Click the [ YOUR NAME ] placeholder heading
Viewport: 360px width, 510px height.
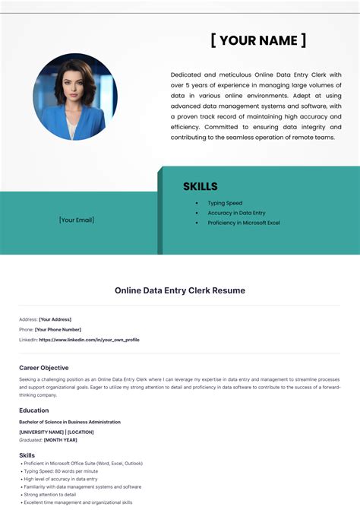pyautogui.click(x=258, y=40)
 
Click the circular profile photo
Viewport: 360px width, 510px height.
pyautogui.click(x=75, y=97)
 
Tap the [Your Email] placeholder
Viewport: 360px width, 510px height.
pyautogui.click(x=77, y=220)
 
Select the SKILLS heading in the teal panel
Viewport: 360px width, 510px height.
pyautogui.click(x=201, y=186)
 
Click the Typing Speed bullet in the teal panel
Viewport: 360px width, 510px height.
pyautogui.click(x=225, y=203)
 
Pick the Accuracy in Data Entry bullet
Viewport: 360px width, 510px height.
pyautogui.click(x=236, y=213)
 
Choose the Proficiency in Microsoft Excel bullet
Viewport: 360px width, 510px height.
pyautogui.click(x=244, y=223)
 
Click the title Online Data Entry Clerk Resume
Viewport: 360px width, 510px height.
pyautogui.click(x=180, y=290)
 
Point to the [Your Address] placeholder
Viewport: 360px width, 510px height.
pyautogui.click(x=55, y=319)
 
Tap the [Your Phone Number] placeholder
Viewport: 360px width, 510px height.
pyautogui.click(x=58, y=329)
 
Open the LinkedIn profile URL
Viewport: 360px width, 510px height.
pyautogui.click(x=89, y=340)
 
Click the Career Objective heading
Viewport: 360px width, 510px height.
pyautogui.click(x=43, y=367)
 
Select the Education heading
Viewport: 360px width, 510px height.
pyautogui.click(x=34, y=410)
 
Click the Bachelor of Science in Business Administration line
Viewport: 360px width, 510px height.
pyautogui.click(x=70, y=422)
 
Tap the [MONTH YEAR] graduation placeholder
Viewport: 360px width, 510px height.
pyautogui.click(x=60, y=439)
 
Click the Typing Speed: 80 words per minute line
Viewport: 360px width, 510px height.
pyautogui.click(x=62, y=471)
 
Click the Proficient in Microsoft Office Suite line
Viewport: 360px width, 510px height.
pyautogui.click(x=84, y=463)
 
